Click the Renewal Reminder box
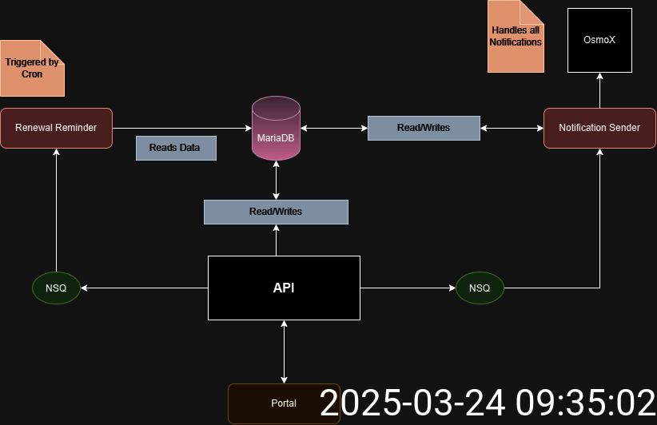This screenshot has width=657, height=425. point(56,128)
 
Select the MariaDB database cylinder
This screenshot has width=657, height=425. point(276,128)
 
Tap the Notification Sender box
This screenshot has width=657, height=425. point(599,128)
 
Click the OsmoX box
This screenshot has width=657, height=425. point(599,40)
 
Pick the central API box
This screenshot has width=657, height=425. point(284,288)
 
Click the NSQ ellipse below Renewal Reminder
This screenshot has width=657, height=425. point(56,288)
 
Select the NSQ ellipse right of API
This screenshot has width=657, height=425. point(480,288)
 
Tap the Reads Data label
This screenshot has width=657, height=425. point(176,148)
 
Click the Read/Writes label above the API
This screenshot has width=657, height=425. point(276,212)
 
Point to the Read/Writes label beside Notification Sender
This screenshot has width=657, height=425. point(424,128)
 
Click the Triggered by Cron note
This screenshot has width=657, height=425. point(32,68)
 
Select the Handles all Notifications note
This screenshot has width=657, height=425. point(516,37)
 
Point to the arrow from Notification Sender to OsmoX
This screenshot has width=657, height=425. point(599,89)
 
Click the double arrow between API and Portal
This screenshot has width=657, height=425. point(284,352)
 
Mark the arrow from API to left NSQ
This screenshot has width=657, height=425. point(144,288)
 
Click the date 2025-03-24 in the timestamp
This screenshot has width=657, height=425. point(412,403)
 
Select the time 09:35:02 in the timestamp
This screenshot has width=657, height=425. point(583,403)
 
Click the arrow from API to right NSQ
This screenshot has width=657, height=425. point(408,288)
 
